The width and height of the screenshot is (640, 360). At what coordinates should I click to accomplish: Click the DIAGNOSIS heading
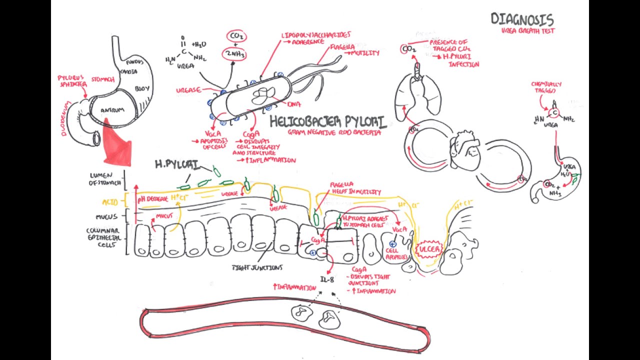tap(522, 19)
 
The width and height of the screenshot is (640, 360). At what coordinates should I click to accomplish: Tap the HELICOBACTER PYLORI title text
tap(327, 122)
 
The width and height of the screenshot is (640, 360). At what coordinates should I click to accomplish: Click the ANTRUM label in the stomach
tap(112, 110)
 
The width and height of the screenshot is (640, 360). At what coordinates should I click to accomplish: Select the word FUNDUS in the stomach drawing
tap(135, 62)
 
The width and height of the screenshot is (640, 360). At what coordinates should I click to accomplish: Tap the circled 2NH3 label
tap(234, 54)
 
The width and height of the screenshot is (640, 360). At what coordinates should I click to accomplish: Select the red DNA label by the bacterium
tap(294, 104)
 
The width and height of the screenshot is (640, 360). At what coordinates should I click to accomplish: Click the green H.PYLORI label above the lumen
tap(176, 164)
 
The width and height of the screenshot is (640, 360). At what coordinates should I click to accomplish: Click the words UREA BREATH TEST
tap(529, 30)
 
